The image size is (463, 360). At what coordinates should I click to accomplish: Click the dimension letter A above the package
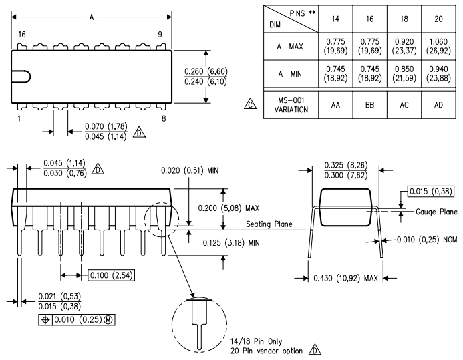[x=92, y=19]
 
